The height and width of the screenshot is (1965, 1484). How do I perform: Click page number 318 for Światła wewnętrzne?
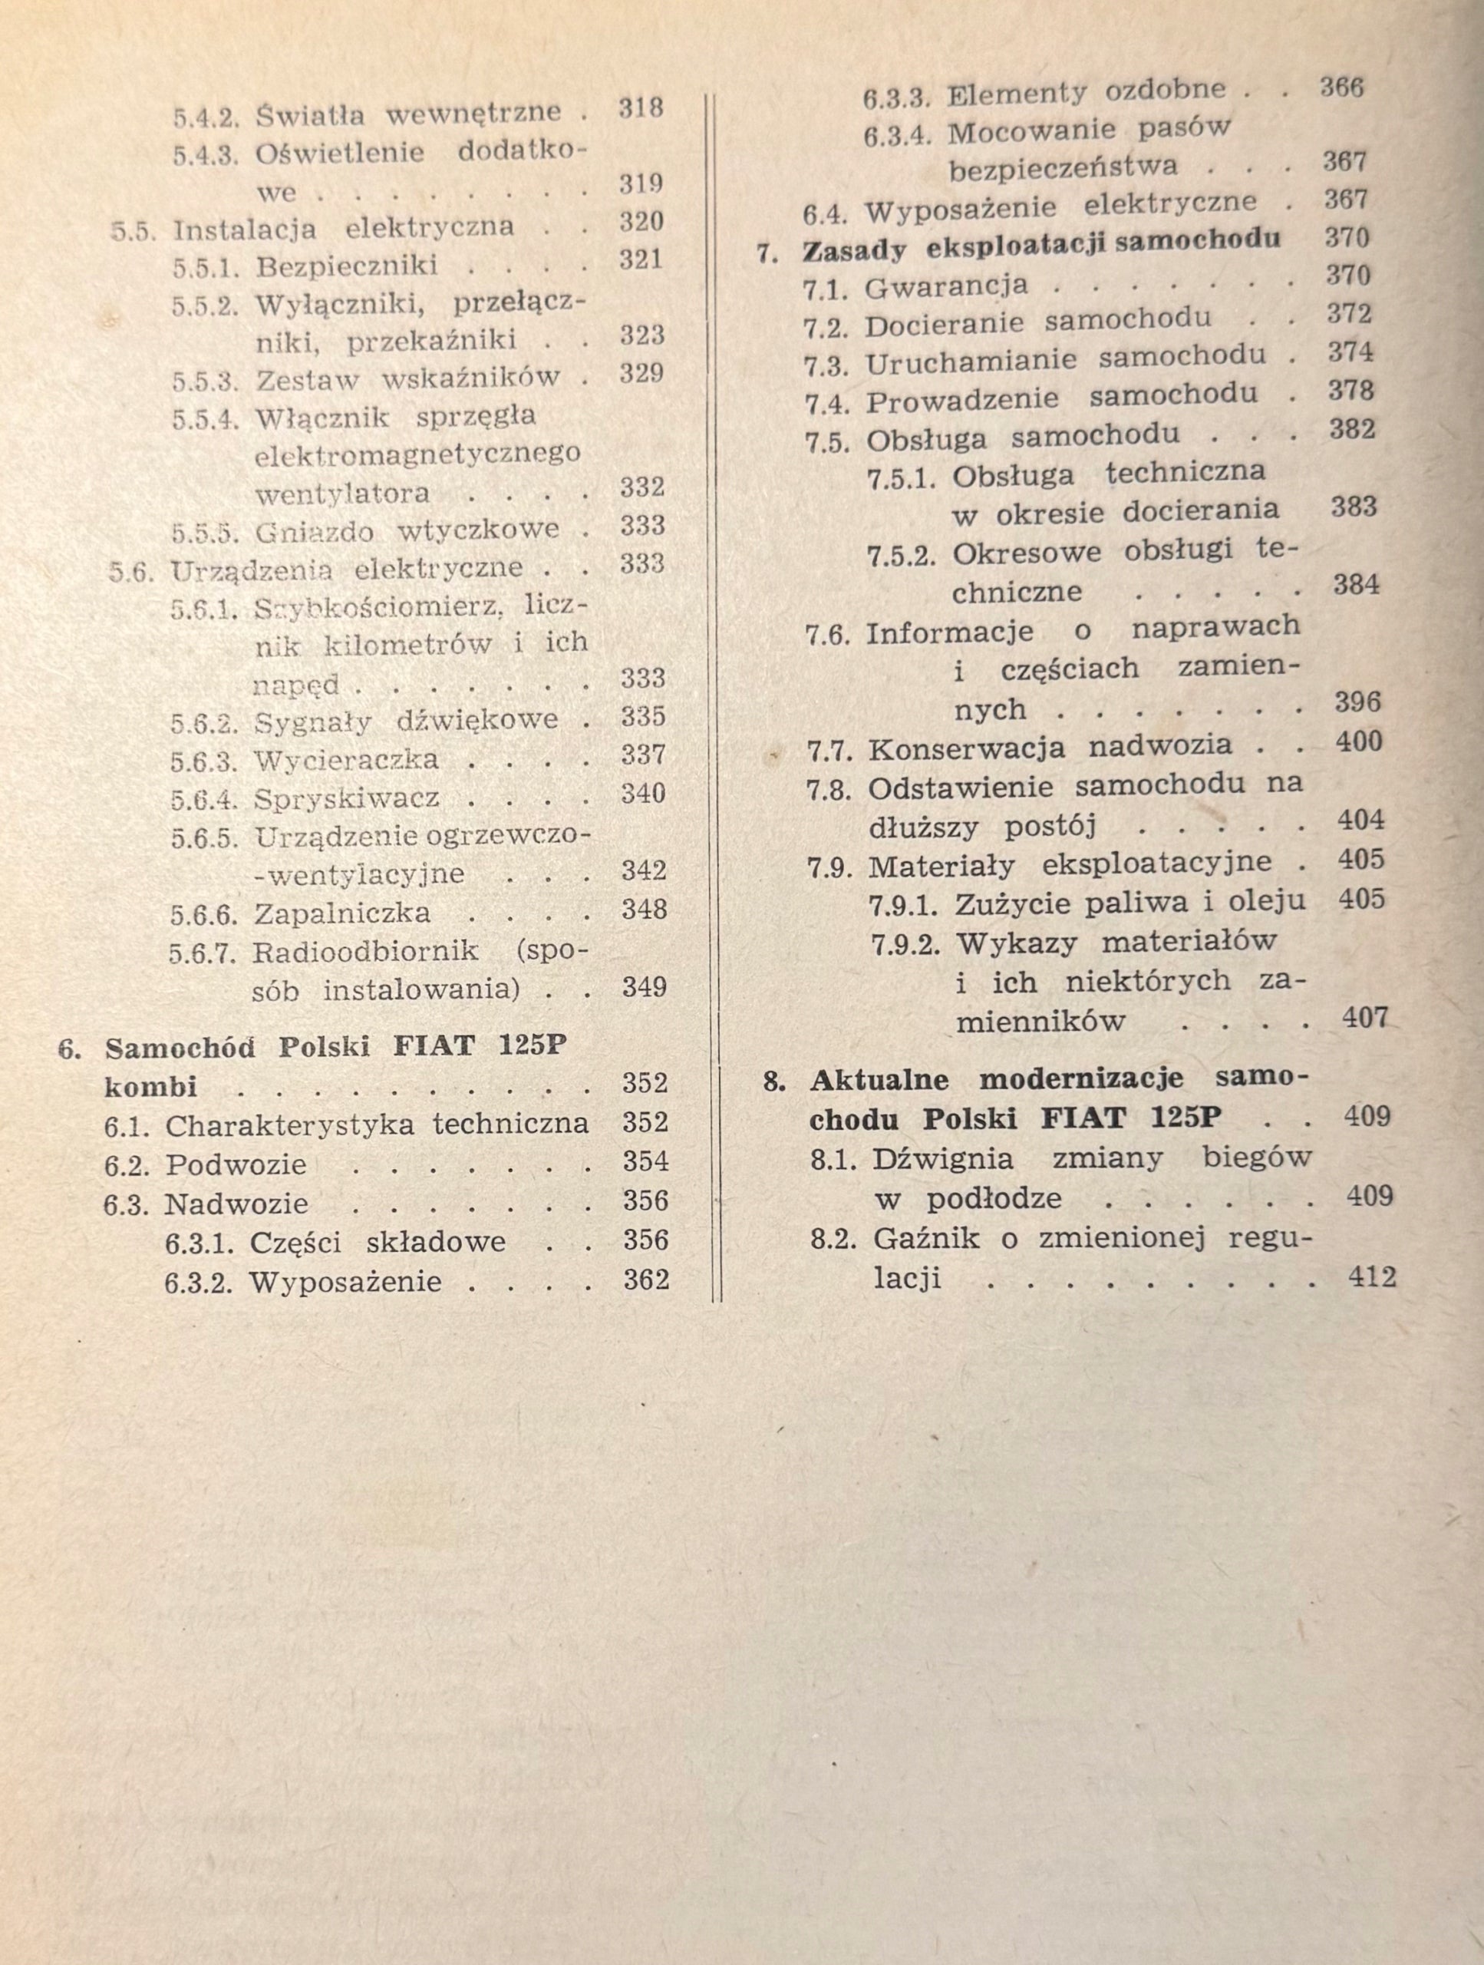point(641,107)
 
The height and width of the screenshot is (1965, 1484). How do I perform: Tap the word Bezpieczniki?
point(346,266)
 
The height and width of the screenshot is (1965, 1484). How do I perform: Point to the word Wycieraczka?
point(346,761)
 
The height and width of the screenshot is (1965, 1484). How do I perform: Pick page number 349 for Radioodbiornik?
point(644,987)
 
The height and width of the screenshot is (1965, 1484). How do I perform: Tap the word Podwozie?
point(236,1164)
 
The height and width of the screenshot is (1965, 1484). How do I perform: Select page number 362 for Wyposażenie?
point(645,1280)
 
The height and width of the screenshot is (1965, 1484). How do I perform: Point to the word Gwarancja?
point(946,286)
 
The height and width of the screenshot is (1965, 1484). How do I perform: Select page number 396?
point(1358,702)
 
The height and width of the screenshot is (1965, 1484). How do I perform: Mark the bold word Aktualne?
point(879,1080)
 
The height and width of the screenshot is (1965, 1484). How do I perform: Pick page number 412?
point(1371,1277)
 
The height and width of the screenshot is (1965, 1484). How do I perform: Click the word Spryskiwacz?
point(346,798)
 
